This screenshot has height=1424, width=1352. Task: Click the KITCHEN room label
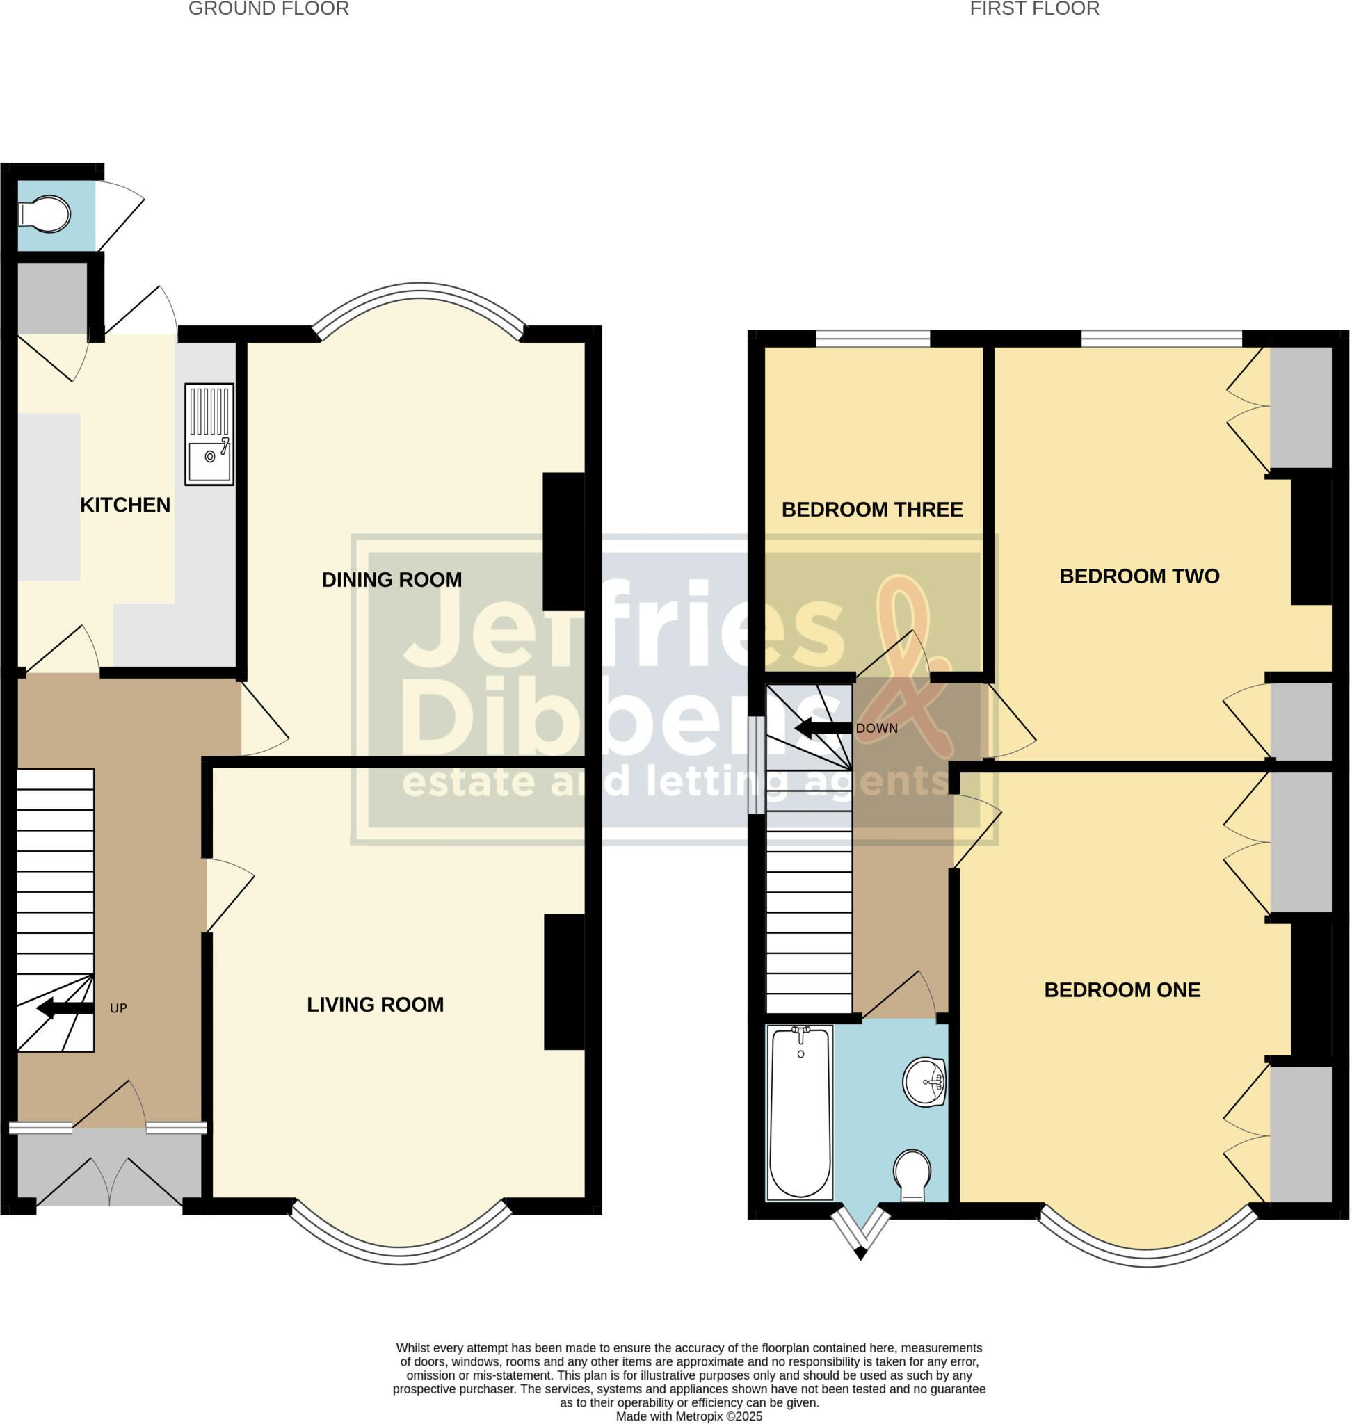tap(125, 505)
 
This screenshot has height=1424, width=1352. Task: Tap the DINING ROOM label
tap(392, 579)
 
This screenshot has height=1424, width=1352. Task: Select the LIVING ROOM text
tap(375, 1005)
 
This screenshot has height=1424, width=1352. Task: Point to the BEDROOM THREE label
tap(872, 510)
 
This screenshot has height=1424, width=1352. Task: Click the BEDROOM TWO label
tap(1138, 576)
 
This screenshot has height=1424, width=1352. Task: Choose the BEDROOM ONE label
tap(1122, 990)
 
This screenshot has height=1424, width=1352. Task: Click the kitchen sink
tap(209, 434)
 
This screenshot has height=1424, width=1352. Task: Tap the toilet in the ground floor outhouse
tap(45, 214)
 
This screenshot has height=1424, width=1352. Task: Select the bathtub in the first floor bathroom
tap(800, 1112)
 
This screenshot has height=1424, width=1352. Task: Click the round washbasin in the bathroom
tap(925, 1082)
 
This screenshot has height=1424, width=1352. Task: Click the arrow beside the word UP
tap(65, 1008)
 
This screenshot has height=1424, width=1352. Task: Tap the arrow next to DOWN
tap(823, 728)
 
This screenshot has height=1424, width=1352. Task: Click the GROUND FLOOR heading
tap(269, 8)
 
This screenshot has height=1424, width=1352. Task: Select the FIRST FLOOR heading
tap(1034, 8)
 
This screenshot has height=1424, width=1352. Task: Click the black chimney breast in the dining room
tap(563, 541)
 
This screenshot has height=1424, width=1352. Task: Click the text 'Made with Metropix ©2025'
tap(689, 1416)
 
